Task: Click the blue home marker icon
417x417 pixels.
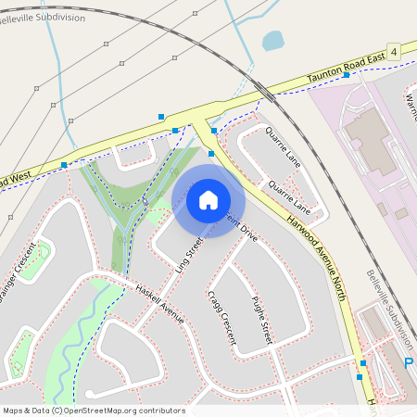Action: (208, 199)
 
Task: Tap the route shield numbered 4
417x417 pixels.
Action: (394, 51)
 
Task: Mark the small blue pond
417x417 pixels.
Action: (272, 41)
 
